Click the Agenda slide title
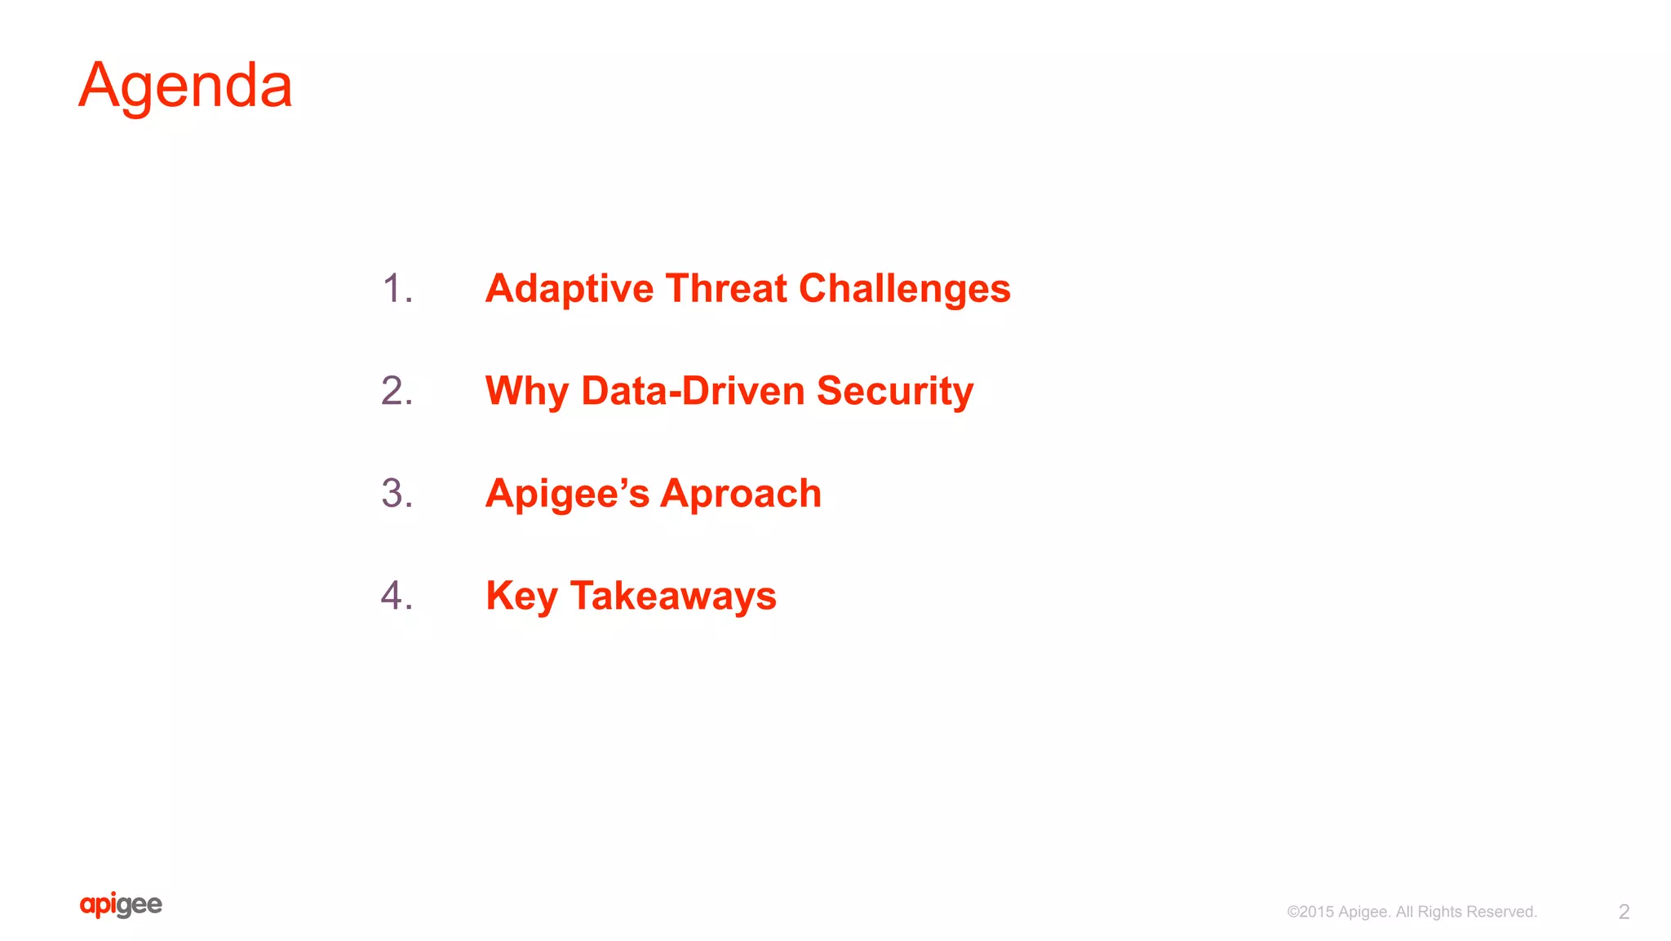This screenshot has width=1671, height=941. click(x=185, y=87)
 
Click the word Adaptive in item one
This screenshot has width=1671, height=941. click(x=570, y=290)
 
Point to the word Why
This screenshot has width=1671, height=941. click(x=526, y=392)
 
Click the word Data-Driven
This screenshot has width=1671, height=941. click(x=693, y=391)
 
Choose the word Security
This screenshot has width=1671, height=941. click(x=895, y=392)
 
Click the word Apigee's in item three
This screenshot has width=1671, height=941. click(x=567, y=494)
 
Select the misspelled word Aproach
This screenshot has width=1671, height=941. click(x=741, y=495)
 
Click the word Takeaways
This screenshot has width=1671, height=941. click(x=673, y=597)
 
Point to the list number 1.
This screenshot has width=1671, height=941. click(x=397, y=290)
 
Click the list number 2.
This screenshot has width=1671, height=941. click(x=397, y=392)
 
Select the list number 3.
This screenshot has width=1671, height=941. click(x=397, y=494)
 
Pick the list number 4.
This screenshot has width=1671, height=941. click(x=397, y=596)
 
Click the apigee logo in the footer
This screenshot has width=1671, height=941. click(x=121, y=905)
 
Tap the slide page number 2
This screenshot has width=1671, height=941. click(x=1624, y=912)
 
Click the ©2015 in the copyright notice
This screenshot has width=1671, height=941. click(x=1310, y=912)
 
